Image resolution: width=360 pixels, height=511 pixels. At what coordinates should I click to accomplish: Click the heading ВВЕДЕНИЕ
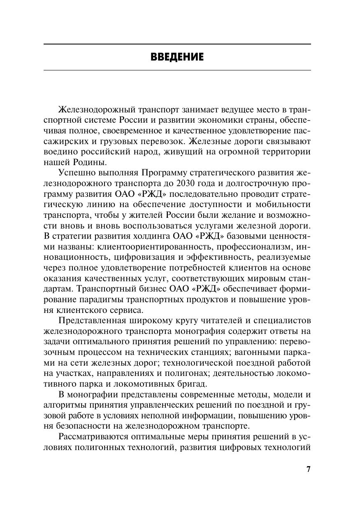tap(177, 57)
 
